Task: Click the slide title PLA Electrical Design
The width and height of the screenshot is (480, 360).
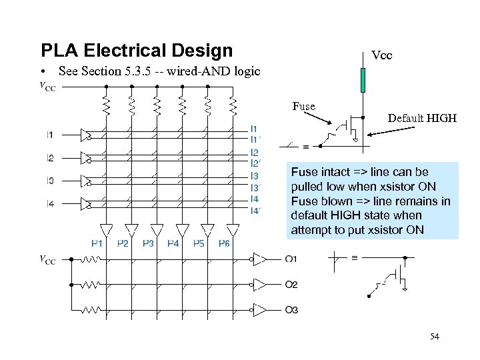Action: tap(137, 51)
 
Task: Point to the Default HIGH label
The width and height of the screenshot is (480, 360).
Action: tap(422, 118)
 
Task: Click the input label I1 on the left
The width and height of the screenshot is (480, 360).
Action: tap(51, 135)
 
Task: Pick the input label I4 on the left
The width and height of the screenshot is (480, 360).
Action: tap(51, 203)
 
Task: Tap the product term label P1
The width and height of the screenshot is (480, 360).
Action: tap(97, 244)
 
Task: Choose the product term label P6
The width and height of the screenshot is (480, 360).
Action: tap(223, 244)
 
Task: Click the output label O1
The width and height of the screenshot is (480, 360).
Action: tap(291, 259)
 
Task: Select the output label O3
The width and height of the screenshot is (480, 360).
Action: tap(291, 310)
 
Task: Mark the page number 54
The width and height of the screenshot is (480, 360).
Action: tap(435, 337)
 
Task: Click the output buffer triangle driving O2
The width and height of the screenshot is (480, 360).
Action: tap(259, 285)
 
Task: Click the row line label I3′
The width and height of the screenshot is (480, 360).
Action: tap(255, 187)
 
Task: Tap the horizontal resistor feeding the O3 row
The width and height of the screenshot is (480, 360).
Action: tap(91, 311)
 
